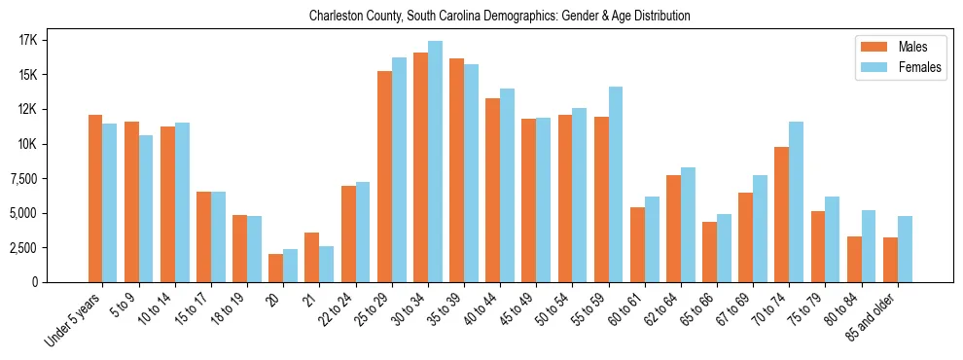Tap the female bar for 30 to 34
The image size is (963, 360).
point(435,162)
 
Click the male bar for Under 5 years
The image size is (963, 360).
point(95,198)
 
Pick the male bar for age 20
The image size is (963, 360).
point(276,268)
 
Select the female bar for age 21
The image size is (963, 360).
point(327,264)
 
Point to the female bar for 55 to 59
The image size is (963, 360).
point(616,185)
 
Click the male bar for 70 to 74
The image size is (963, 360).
point(782,214)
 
